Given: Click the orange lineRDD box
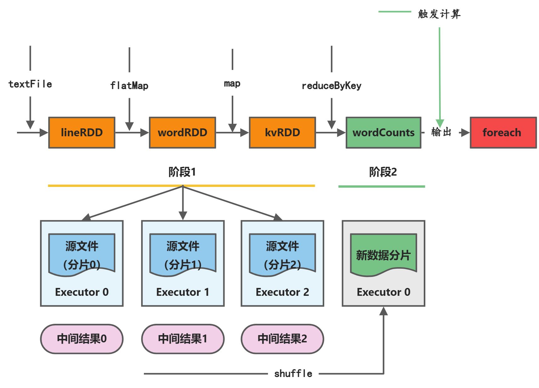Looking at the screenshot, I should [82, 132].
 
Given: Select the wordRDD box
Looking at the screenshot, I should [182, 132].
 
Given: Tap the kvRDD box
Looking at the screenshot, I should [282, 132].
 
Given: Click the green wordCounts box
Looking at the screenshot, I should [383, 132].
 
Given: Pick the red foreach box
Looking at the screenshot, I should [503, 132].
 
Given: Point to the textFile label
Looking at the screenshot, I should [30, 84].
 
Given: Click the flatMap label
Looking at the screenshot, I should [129, 85].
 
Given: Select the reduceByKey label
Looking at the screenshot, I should [331, 86].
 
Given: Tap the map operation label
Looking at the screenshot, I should [232, 83].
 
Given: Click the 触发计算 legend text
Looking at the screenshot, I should [439, 14].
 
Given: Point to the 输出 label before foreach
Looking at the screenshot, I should [441, 132].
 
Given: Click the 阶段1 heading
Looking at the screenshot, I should [182, 172].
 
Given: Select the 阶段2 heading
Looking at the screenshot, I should [383, 172].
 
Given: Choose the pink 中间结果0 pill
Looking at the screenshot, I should [82, 339].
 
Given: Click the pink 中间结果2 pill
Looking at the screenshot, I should [282, 339].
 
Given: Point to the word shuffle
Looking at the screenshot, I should [293, 374].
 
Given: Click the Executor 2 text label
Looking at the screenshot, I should [282, 292].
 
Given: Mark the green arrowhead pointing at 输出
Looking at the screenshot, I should [440, 123].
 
